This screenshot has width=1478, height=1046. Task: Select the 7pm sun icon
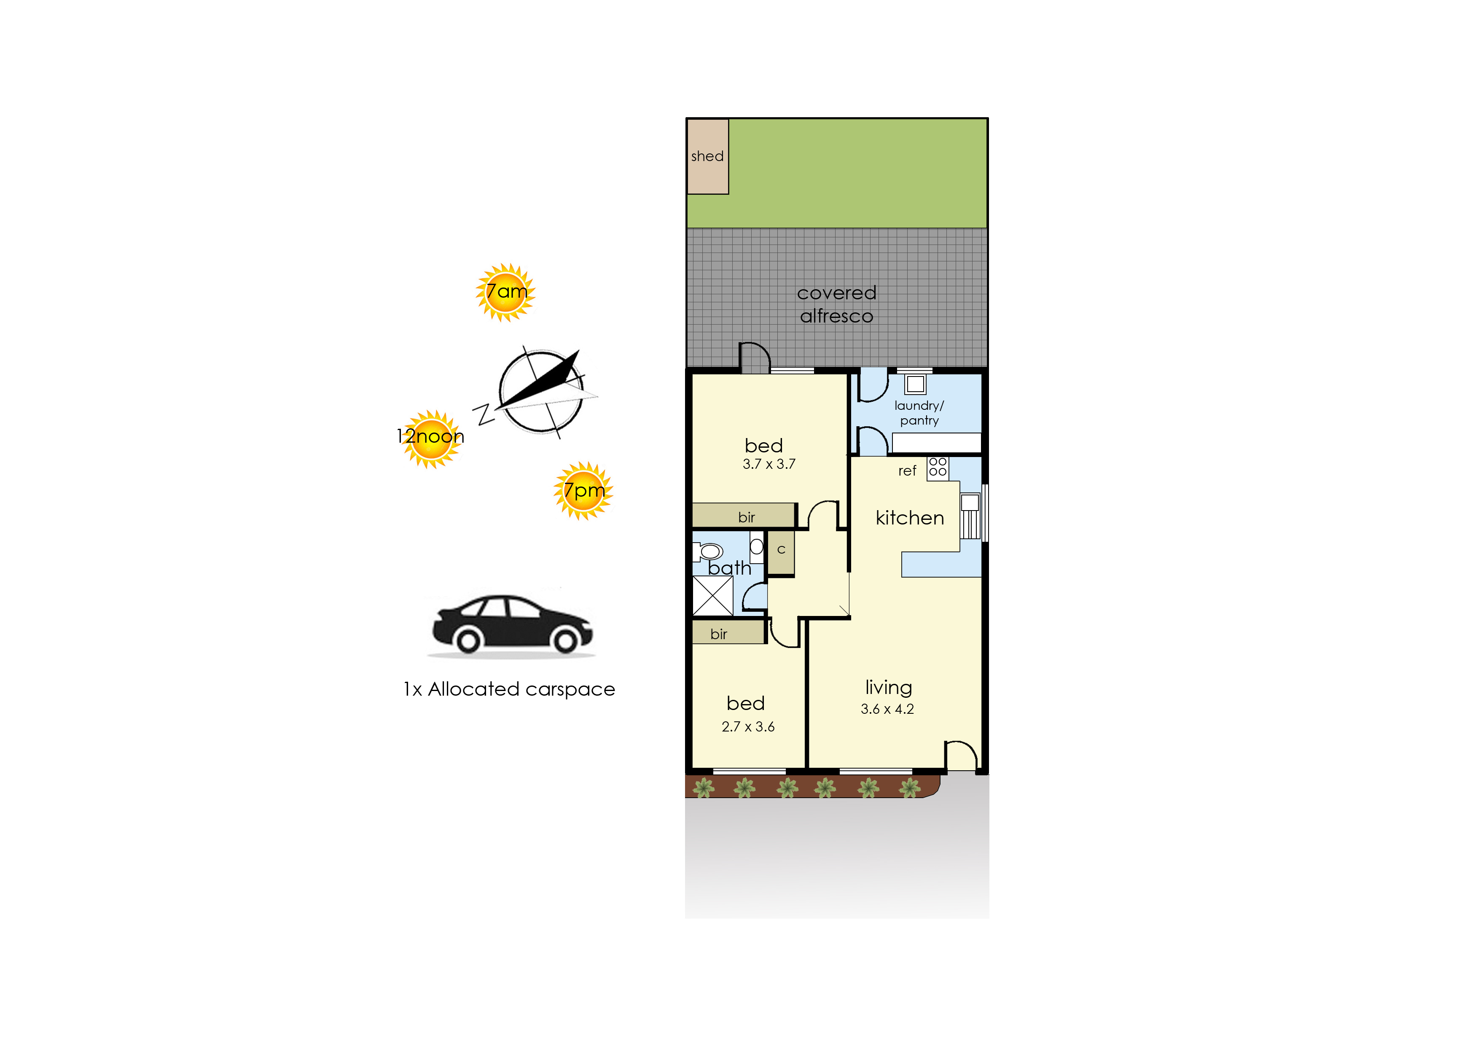click(x=583, y=491)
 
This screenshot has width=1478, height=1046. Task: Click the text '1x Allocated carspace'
click(x=509, y=689)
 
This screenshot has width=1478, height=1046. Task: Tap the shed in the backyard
click(x=708, y=156)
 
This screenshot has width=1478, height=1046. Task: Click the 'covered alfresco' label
click(x=836, y=304)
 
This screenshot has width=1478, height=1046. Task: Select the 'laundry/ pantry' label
click(x=919, y=413)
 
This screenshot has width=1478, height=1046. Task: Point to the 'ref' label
click(x=907, y=471)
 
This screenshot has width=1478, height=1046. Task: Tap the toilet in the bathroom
click(x=708, y=552)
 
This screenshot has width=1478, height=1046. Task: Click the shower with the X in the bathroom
click(x=713, y=596)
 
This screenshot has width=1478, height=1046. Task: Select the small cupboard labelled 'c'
click(x=781, y=552)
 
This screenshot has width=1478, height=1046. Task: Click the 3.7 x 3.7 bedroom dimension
click(x=769, y=464)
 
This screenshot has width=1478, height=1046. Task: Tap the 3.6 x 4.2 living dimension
click(x=887, y=709)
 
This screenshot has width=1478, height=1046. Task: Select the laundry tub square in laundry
click(x=915, y=385)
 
